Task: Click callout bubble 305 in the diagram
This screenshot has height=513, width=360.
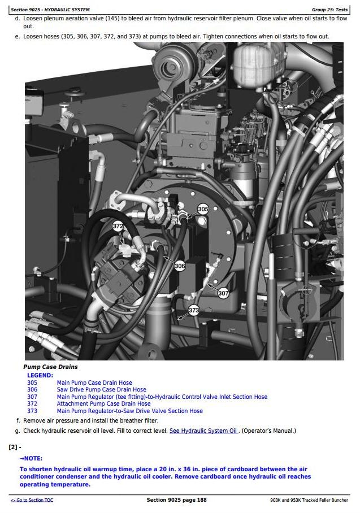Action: point(203,209)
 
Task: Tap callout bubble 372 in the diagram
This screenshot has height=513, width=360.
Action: point(118,226)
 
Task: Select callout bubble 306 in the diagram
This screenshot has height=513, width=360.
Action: point(180,266)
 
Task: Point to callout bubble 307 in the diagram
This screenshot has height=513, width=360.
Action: point(223,293)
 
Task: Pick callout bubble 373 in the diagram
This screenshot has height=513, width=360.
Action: point(193,310)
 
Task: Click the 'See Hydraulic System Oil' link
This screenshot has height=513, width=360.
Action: point(203,431)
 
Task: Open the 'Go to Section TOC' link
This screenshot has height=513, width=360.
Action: point(32,500)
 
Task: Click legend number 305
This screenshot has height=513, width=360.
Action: point(32,382)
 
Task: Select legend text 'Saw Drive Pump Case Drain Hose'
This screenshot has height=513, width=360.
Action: point(102,389)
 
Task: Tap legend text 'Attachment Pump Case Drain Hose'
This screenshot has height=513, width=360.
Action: point(104,403)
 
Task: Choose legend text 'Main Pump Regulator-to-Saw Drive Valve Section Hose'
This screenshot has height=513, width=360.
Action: point(129,411)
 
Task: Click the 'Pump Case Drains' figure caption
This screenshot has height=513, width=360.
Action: point(50,367)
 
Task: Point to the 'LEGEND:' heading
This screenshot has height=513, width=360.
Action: point(40,375)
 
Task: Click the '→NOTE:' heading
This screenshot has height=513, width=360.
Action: point(31,458)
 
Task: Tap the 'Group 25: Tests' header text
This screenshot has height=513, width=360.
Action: point(329,10)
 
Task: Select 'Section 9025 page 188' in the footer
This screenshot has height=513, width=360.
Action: point(177,499)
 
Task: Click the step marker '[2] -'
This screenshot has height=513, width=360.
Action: point(15,447)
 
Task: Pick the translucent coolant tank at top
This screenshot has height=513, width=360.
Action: point(253,64)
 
